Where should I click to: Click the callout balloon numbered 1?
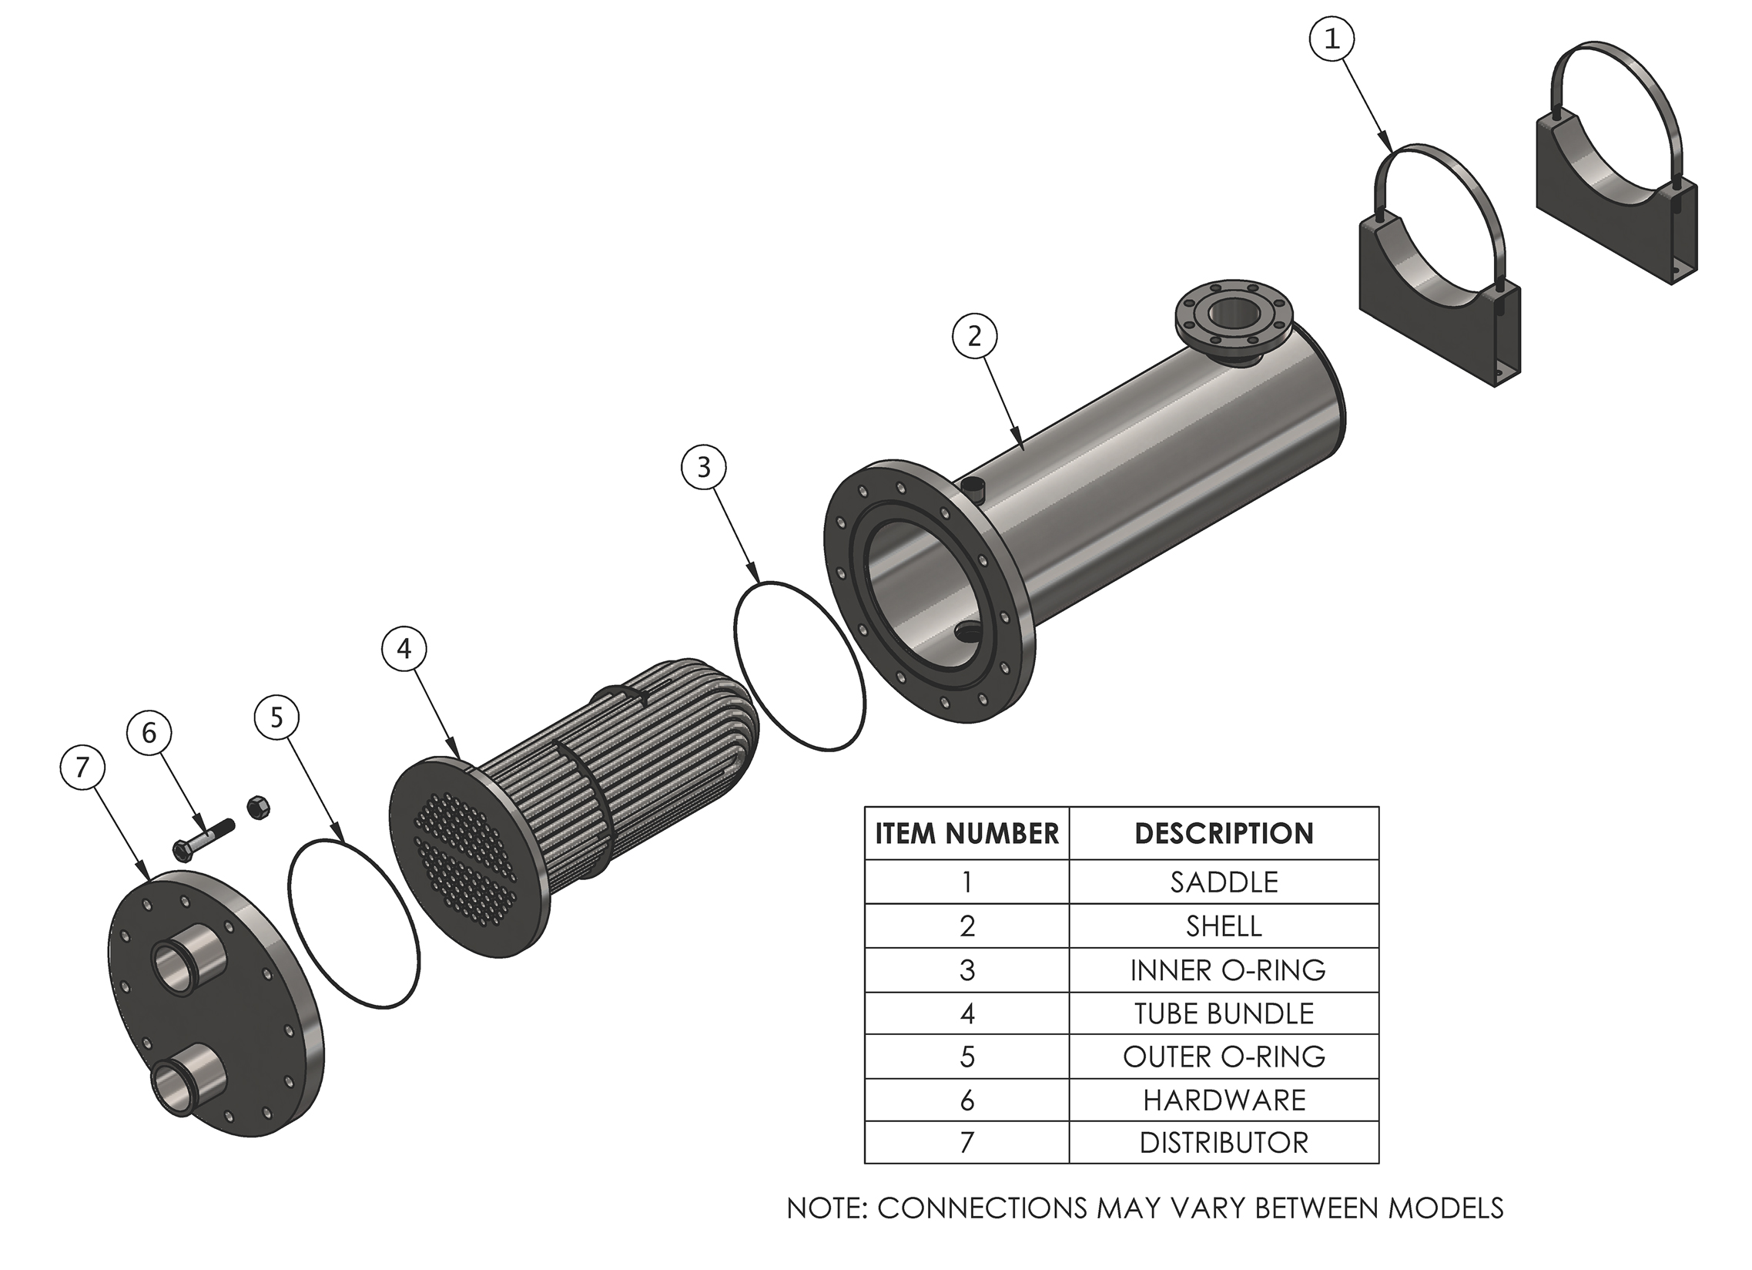(x=1332, y=39)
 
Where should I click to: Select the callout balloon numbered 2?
(x=974, y=335)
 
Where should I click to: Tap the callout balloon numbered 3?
(x=703, y=467)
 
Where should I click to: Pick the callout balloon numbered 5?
(x=276, y=718)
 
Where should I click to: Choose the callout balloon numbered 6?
(x=149, y=732)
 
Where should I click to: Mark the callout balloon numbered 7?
(x=82, y=767)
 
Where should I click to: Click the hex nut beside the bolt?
(x=258, y=808)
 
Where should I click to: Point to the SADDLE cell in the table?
(x=1224, y=882)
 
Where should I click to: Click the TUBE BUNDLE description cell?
(x=1224, y=1013)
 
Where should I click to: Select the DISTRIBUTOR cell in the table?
(x=1224, y=1142)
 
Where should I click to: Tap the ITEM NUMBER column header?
(x=966, y=833)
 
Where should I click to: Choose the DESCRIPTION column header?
(x=1224, y=833)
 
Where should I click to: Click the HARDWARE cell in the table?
(x=1224, y=1100)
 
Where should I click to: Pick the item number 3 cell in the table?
(x=966, y=970)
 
